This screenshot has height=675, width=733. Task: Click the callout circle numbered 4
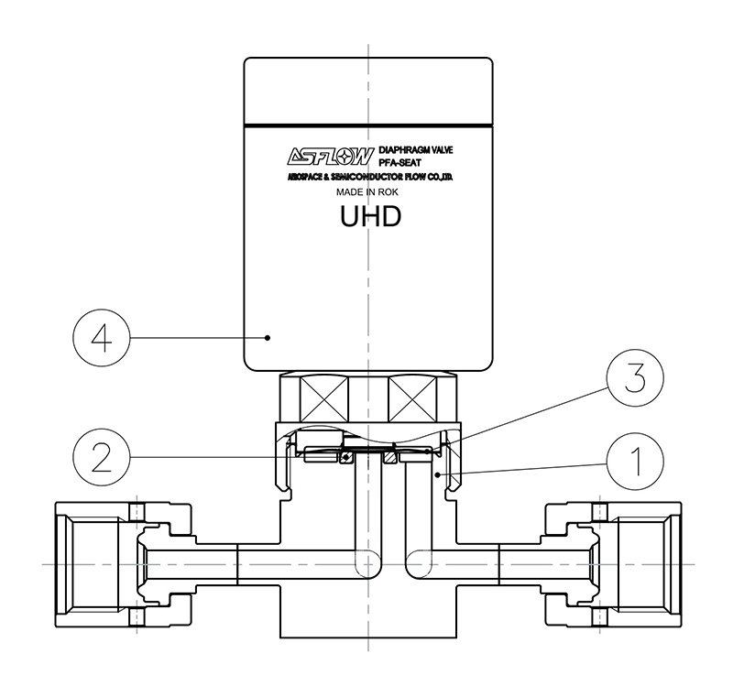click(102, 338)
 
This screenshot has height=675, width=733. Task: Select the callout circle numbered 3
click(635, 378)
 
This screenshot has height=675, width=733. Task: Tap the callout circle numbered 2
click(102, 457)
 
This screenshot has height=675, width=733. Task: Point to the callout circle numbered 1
click(635, 461)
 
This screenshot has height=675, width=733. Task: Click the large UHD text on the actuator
click(370, 216)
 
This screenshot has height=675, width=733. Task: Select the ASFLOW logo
click(331, 157)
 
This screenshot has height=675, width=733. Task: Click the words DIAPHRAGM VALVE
click(416, 150)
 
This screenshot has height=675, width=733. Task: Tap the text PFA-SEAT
click(399, 162)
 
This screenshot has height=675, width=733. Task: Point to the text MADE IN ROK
click(367, 192)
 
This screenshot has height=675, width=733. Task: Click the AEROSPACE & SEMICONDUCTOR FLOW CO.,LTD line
click(370, 177)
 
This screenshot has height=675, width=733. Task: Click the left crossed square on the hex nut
click(324, 399)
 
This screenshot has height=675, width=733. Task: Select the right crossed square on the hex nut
click(412, 399)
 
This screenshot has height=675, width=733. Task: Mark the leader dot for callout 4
click(268, 338)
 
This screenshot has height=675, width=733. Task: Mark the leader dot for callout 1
click(438, 474)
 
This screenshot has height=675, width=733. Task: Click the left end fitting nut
click(123, 564)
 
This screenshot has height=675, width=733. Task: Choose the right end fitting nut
click(613, 564)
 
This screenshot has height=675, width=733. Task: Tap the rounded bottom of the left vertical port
click(368, 564)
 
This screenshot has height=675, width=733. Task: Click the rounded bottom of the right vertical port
click(419, 564)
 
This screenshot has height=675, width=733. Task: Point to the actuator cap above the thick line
click(368, 91)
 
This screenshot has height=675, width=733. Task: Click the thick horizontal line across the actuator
click(368, 125)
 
